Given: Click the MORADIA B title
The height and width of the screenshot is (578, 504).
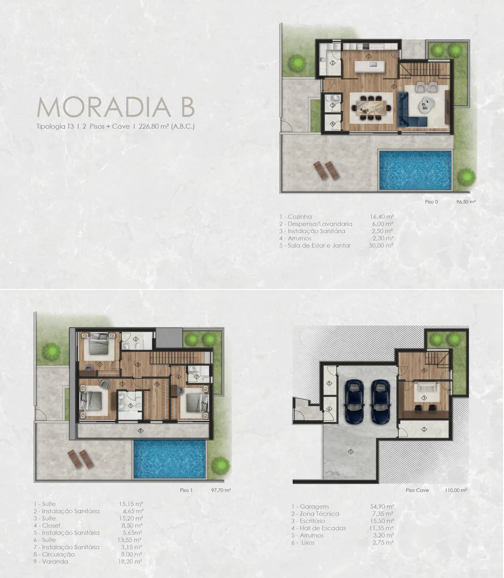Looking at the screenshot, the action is tap(116, 107).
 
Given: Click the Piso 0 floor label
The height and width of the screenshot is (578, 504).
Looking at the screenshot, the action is tap(431, 202).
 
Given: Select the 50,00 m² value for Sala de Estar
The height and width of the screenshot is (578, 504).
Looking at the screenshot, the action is tap(381, 246).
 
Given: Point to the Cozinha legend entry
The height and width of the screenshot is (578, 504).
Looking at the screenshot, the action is tap(295, 217).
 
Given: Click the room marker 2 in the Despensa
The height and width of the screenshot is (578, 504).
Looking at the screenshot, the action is tap(333, 63).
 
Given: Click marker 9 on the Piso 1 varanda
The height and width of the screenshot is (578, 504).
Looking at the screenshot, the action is tap(141, 431).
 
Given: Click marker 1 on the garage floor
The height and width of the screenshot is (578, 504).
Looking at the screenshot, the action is tap(351, 452).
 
